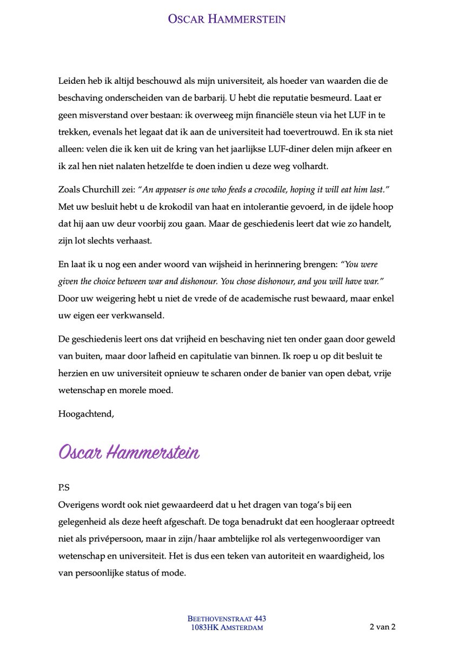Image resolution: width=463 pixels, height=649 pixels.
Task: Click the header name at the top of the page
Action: click(x=227, y=19)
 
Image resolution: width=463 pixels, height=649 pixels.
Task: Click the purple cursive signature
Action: click(x=129, y=452)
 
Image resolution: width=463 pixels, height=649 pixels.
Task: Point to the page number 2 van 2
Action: click(x=382, y=627)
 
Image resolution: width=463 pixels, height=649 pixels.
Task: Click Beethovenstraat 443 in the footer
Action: click(x=227, y=618)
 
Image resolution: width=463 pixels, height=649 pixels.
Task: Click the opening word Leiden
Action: click(x=70, y=81)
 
